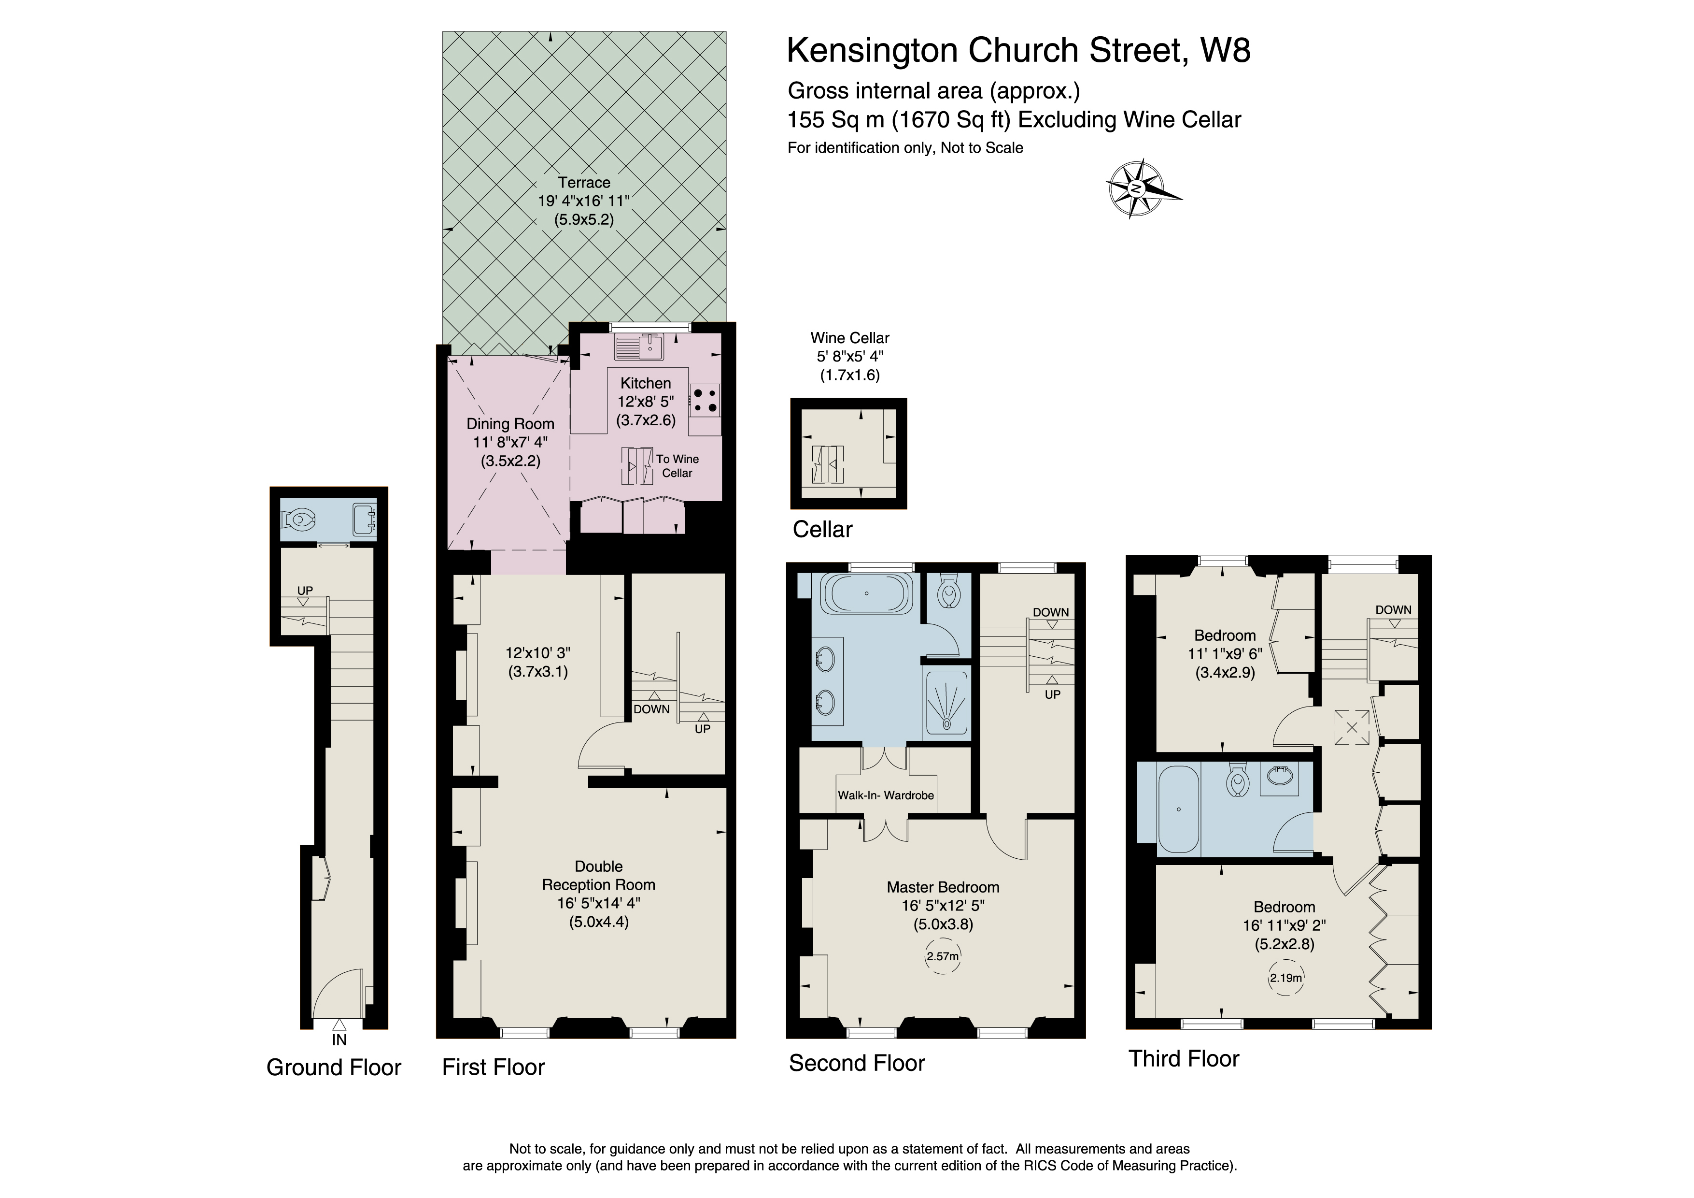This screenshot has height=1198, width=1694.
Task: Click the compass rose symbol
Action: click(1137, 188)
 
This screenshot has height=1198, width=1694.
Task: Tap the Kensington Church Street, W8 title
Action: click(1018, 51)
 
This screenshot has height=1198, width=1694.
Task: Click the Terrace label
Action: click(584, 182)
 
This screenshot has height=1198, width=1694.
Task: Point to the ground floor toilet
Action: click(299, 519)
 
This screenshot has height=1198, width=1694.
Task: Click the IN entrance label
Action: click(339, 1040)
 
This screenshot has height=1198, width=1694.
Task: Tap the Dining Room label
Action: click(510, 424)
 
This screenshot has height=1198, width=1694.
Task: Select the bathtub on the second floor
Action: click(866, 593)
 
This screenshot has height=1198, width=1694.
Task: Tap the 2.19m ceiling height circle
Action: click(1285, 978)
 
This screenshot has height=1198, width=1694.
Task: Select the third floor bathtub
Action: click(1179, 810)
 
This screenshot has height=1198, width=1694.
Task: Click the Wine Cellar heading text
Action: click(849, 338)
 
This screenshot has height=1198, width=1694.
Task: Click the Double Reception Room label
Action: click(598, 876)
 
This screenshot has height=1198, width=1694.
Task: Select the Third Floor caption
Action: click(1184, 1058)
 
